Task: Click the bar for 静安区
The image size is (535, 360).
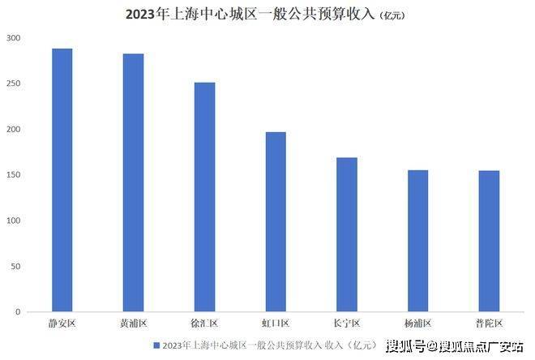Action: coord(62,180)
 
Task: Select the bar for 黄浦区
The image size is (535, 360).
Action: coord(134,182)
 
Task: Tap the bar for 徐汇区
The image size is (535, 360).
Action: coord(204,197)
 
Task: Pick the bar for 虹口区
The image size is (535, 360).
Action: coord(276,221)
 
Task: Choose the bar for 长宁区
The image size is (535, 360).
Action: coord(347,234)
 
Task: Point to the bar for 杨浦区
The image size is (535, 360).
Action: coord(417,241)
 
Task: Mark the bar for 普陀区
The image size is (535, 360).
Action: coord(489,241)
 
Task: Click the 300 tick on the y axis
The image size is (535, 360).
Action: coord(13,39)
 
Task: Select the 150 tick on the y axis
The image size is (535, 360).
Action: coord(13,175)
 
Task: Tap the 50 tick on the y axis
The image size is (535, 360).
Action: coord(15,266)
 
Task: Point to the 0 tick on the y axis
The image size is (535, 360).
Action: coord(18,311)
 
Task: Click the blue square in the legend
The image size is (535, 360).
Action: coord(156,345)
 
